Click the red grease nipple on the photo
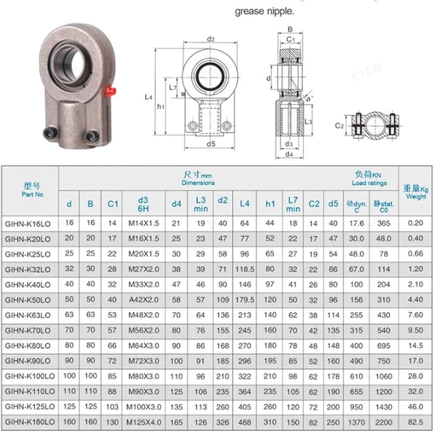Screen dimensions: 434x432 click(x=111, y=91)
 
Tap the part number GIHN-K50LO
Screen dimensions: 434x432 click(x=28, y=300)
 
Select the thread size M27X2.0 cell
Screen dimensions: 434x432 click(x=144, y=269)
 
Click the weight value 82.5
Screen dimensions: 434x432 click(x=415, y=422)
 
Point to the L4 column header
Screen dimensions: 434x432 click(x=245, y=204)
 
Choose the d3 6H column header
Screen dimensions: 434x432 click(x=143, y=204)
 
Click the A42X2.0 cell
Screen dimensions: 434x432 click(x=144, y=300)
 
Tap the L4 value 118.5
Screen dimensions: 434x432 click(x=245, y=269)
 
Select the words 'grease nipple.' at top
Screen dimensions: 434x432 click(x=264, y=11)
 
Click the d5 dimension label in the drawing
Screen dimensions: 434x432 click(x=211, y=144)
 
